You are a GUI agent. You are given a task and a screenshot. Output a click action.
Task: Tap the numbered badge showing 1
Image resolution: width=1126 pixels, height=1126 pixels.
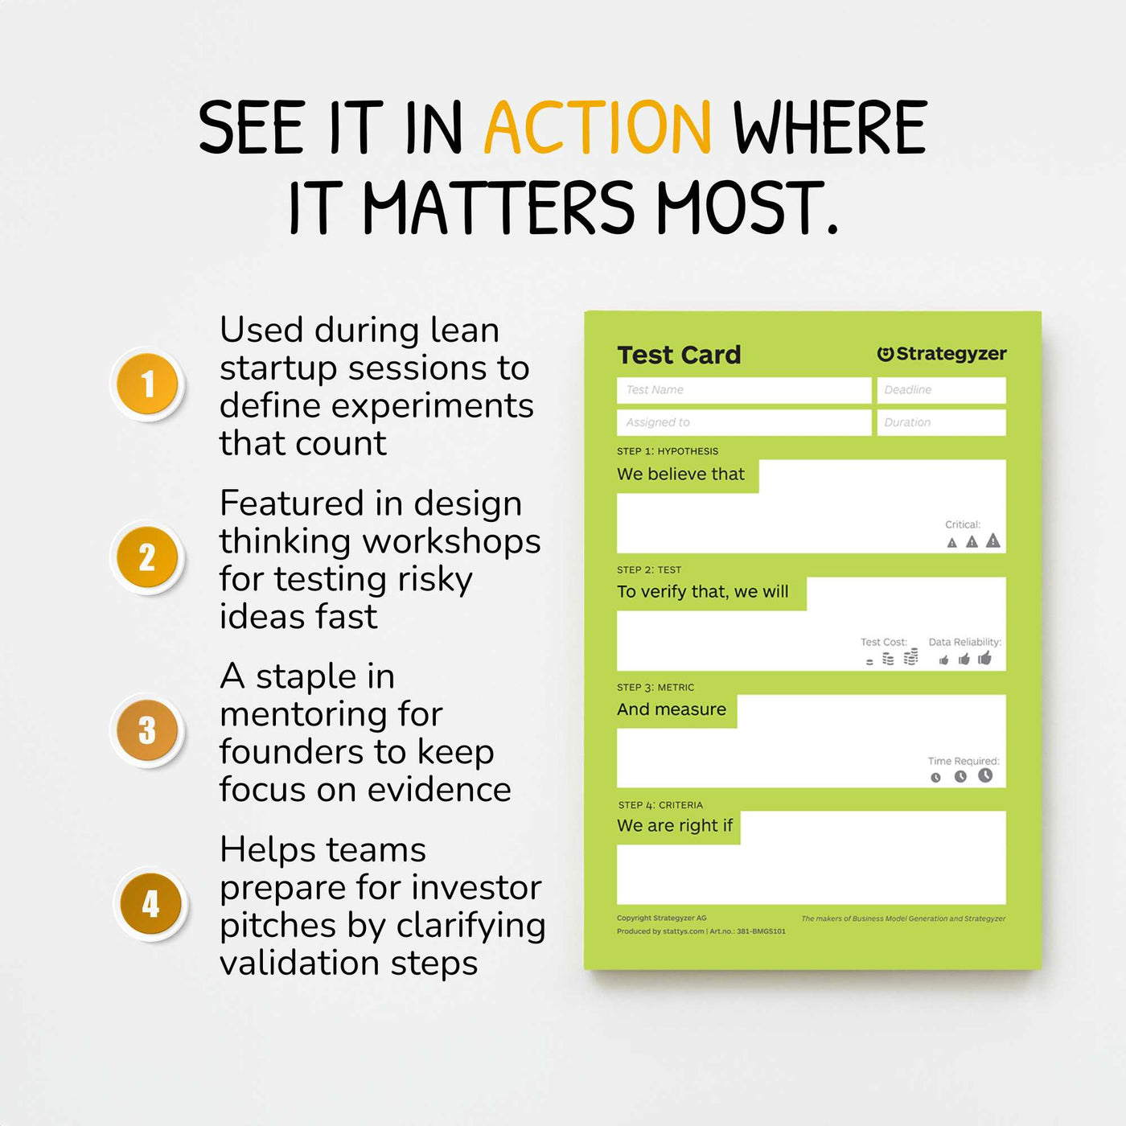click(x=147, y=384)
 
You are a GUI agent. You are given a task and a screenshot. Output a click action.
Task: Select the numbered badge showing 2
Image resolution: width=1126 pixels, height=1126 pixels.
click(x=147, y=557)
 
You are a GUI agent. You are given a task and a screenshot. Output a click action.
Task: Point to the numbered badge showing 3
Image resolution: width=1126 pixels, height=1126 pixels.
click(x=147, y=730)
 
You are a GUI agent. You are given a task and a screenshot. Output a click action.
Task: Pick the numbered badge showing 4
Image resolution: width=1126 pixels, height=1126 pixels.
click(x=150, y=904)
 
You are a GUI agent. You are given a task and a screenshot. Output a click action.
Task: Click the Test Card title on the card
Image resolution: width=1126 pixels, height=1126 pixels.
click(x=679, y=355)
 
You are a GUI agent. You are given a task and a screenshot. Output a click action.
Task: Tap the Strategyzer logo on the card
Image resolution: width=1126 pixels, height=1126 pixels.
click(x=941, y=354)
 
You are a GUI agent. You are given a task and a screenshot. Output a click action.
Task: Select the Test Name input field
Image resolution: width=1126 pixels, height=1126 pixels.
click(x=744, y=390)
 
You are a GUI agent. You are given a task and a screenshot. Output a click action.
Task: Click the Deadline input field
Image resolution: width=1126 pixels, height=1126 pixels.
click(x=941, y=390)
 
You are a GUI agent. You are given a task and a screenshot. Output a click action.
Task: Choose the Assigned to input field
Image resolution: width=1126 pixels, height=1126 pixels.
click(x=744, y=422)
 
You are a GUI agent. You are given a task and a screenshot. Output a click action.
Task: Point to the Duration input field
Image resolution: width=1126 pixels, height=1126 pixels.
click(x=941, y=422)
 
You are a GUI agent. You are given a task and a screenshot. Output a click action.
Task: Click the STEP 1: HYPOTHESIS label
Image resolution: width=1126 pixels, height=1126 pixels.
click(x=668, y=451)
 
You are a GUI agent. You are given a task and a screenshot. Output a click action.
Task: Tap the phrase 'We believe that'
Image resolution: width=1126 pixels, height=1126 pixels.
click(x=680, y=475)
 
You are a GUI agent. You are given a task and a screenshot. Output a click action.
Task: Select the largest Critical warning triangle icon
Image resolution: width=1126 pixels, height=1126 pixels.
click(x=993, y=540)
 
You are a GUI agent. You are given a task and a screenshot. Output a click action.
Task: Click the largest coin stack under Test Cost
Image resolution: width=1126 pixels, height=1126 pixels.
click(x=910, y=657)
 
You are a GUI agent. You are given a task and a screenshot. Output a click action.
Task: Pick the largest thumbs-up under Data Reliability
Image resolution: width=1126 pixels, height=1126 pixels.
click(x=985, y=659)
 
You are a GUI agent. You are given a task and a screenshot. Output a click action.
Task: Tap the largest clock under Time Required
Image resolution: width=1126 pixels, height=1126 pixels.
click(x=985, y=775)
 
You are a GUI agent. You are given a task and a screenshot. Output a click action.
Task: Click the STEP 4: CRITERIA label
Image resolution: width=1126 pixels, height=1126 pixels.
click(x=660, y=805)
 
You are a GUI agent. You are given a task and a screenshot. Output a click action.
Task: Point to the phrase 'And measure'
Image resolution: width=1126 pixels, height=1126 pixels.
click(x=672, y=709)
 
